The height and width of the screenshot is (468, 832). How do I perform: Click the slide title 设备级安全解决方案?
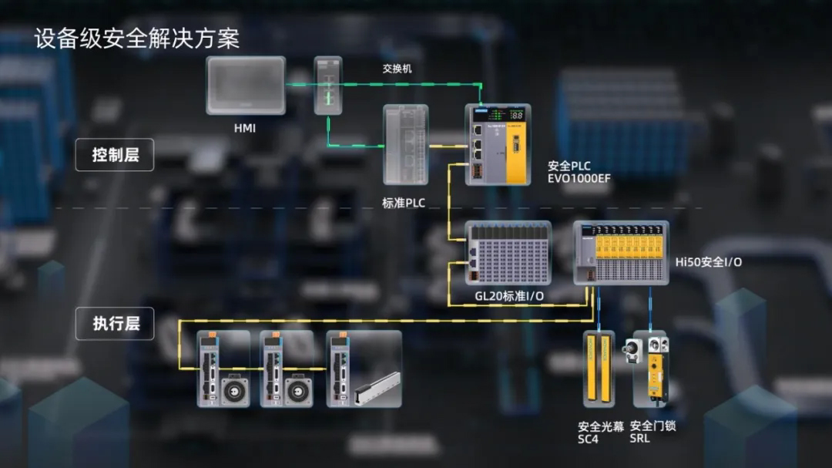[x=136, y=38]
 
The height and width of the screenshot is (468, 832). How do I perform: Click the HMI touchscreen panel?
[x=246, y=86]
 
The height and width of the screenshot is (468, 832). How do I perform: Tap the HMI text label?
[x=245, y=128]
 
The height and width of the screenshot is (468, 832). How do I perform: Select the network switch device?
[x=327, y=85]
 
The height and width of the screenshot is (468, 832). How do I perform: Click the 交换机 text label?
[x=397, y=69]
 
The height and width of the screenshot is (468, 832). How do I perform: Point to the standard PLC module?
[x=405, y=145]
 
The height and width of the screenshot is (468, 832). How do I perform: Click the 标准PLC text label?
[x=404, y=204]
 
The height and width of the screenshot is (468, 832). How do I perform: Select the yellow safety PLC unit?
[x=498, y=144]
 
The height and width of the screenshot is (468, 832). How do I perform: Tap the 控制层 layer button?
[x=115, y=155]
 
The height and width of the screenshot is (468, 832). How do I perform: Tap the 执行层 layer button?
[x=115, y=324]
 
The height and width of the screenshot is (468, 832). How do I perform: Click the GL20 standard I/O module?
[x=508, y=252]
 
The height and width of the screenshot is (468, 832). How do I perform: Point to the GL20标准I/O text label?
[x=509, y=297]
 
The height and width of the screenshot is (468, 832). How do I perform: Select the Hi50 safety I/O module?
[x=621, y=252]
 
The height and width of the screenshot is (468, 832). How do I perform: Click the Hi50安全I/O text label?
[x=709, y=262]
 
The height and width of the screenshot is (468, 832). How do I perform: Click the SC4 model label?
[x=588, y=439]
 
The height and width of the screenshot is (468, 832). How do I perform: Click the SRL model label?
[x=639, y=439]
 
